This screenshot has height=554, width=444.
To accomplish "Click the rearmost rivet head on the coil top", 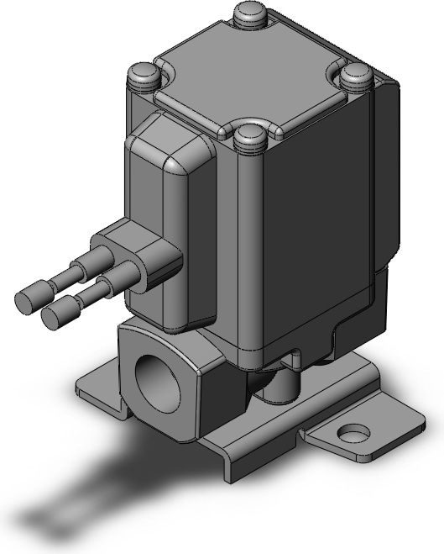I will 250,14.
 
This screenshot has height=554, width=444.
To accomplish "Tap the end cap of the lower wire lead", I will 56,315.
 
